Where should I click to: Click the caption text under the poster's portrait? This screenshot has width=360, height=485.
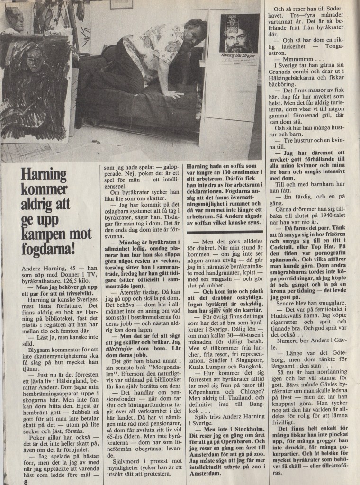pos(239,56)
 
